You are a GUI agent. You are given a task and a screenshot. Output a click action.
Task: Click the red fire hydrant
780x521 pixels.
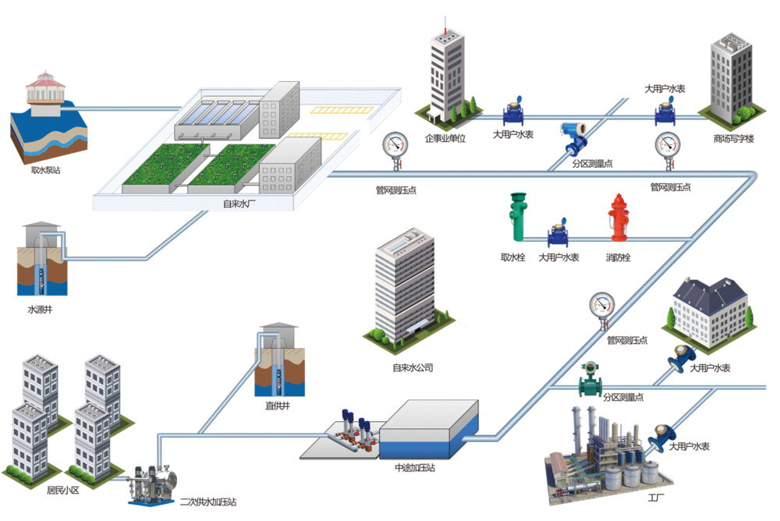tap(618, 218)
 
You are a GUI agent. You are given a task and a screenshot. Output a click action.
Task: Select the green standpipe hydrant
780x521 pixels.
tap(516, 217)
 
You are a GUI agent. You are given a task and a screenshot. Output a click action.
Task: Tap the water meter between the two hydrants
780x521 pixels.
tap(557, 232)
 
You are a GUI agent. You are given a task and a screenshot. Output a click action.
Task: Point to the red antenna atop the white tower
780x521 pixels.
tap(445, 23)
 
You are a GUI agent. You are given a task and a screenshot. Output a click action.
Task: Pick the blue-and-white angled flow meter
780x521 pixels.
tap(574, 138)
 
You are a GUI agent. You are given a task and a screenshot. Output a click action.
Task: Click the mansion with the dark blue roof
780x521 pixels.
tap(708, 312)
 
